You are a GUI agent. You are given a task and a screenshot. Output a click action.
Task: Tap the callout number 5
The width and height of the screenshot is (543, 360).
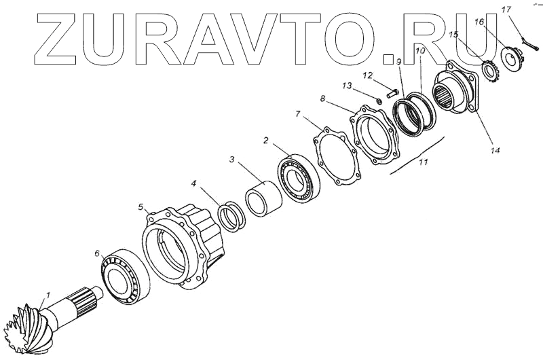pyautogui.click(x=141, y=206)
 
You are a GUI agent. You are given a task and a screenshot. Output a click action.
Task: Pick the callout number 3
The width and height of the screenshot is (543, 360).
pyautogui.click(x=231, y=160)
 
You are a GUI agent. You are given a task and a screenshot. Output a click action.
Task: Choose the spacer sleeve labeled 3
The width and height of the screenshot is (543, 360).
pyautogui.click(x=263, y=200)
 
